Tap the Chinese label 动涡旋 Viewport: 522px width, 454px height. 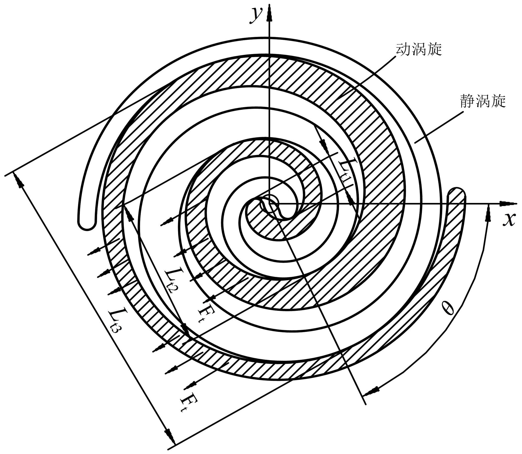point(419,49)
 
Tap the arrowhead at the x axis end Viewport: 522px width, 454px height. point(505,203)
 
